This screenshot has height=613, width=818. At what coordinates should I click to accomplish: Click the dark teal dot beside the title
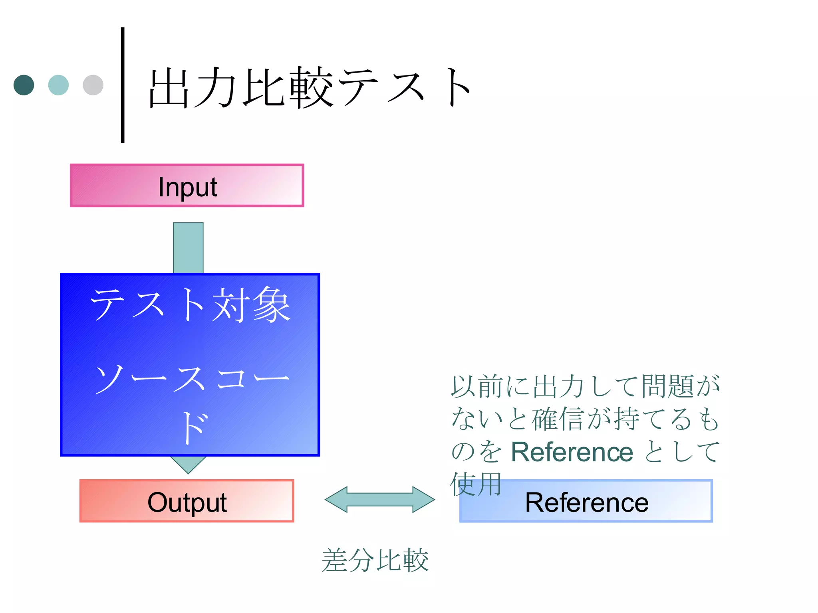coord(24,85)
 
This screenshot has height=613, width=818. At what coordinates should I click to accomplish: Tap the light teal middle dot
coord(58,85)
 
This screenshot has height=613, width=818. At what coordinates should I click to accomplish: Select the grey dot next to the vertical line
coord(93,85)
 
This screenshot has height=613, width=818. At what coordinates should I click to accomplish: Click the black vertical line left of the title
coord(123,85)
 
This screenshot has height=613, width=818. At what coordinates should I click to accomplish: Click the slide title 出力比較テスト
coord(310,88)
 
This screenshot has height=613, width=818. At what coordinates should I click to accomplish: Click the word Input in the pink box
coord(187,186)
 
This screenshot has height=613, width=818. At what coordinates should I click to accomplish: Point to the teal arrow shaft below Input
coord(188,247)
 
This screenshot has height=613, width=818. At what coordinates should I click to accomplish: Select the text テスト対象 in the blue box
coord(190,305)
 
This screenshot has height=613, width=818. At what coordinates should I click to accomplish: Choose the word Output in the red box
coord(187,502)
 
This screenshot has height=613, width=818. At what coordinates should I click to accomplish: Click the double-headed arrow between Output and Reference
coord(379,499)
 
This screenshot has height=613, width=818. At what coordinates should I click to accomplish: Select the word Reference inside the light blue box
coord(586,502)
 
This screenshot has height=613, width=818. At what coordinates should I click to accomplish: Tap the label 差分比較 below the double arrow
coord(375,560)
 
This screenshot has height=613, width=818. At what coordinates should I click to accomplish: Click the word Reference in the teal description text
coord(572,452)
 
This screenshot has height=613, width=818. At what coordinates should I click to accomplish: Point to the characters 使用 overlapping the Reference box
coord(475,484)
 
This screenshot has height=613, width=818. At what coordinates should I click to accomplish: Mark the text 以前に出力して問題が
coord(585,386)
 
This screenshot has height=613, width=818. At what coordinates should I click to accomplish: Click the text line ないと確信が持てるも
coord(585,419)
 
